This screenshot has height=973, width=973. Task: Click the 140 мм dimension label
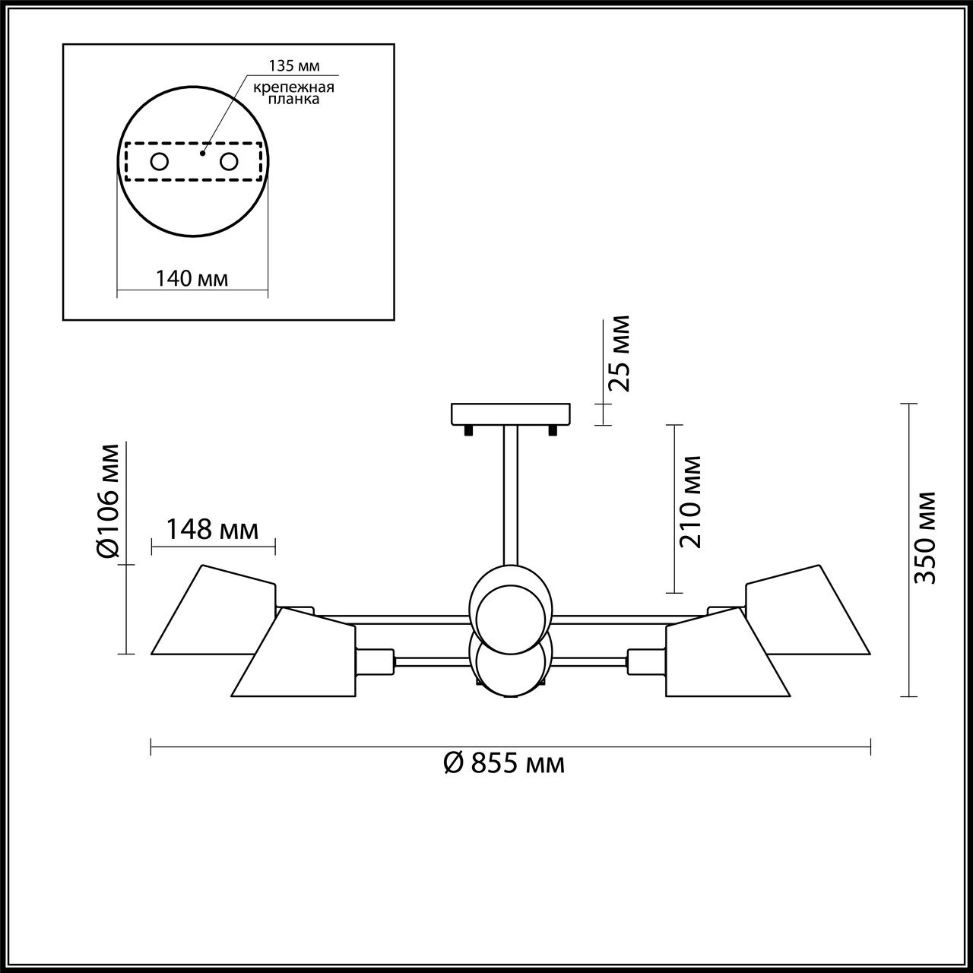click(192, 278)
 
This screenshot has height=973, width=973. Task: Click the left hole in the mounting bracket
click(160, 161)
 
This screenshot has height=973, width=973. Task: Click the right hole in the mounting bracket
click(229, 161)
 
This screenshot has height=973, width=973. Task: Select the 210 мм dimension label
click(691, 501)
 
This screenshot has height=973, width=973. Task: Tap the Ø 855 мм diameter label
click(504, 762)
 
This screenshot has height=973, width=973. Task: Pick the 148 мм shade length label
click(212, 529)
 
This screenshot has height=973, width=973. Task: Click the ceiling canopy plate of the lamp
click(510, 414)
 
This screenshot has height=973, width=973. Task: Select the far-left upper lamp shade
click(213, 612)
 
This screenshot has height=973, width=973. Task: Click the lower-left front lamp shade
click(296, 655)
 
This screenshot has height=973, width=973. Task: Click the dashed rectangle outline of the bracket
click(194, 181)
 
